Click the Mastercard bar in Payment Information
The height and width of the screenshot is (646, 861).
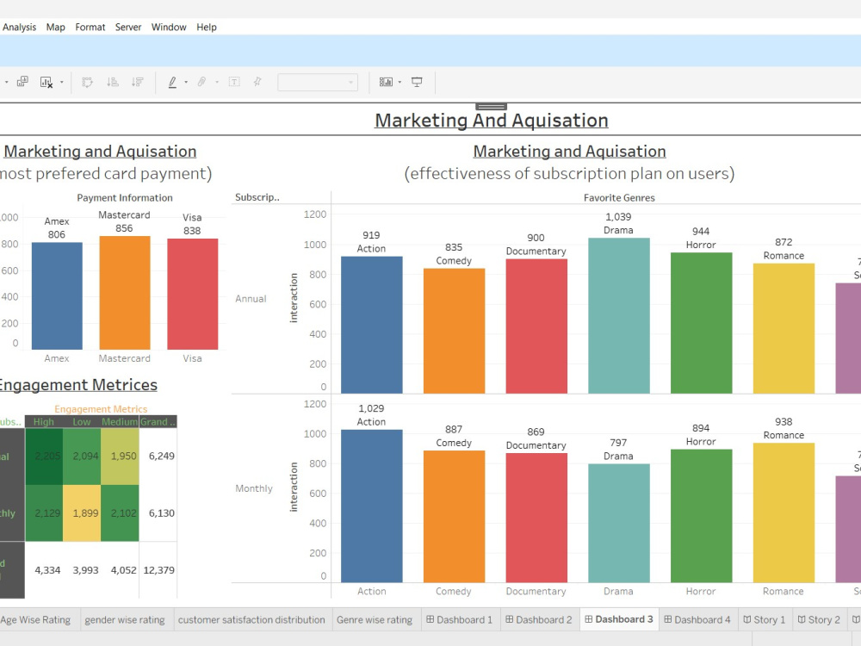(x=124, y=293)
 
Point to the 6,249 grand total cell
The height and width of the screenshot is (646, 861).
(x=158, y=456)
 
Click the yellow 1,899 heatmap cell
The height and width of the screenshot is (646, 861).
(x=81, y=512)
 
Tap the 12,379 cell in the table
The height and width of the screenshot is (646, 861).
(x=158, y=569)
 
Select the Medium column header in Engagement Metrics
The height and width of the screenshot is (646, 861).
(x=119, y=422)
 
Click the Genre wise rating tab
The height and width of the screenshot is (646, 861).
(x=374, y=619)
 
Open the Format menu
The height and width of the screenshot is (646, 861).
(x=90, y=27)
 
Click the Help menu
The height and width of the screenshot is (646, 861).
(x=207, y=27)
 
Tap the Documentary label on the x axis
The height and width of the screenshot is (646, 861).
(x=536, y=592)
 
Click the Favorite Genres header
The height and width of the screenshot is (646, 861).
(x=619, y=197)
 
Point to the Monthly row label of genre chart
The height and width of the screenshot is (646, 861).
(x=254, y=488)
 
